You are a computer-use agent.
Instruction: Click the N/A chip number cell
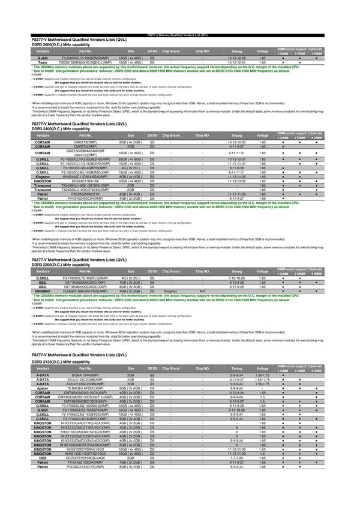pos(203,290)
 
